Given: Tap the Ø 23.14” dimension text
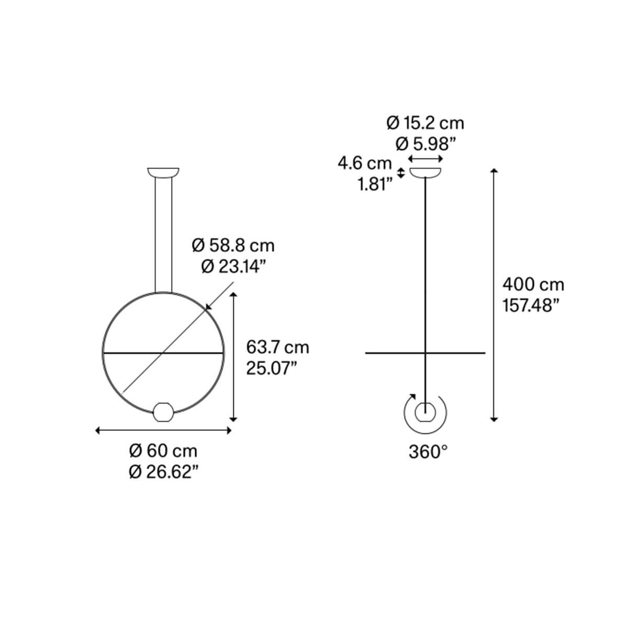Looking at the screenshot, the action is coord(233,266).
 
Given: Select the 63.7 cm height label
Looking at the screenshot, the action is coord(277,347).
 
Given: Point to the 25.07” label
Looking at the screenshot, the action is coord(272,368).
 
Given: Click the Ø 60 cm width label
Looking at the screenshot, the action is coord(163,451).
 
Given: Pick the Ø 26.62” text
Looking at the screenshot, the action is coord(164,472).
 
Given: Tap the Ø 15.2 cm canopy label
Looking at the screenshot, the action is coord(425,123).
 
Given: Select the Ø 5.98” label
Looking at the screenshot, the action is coord(425,144).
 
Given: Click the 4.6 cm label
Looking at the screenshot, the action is coord(365,163).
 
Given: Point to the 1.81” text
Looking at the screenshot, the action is coord(375,184).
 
